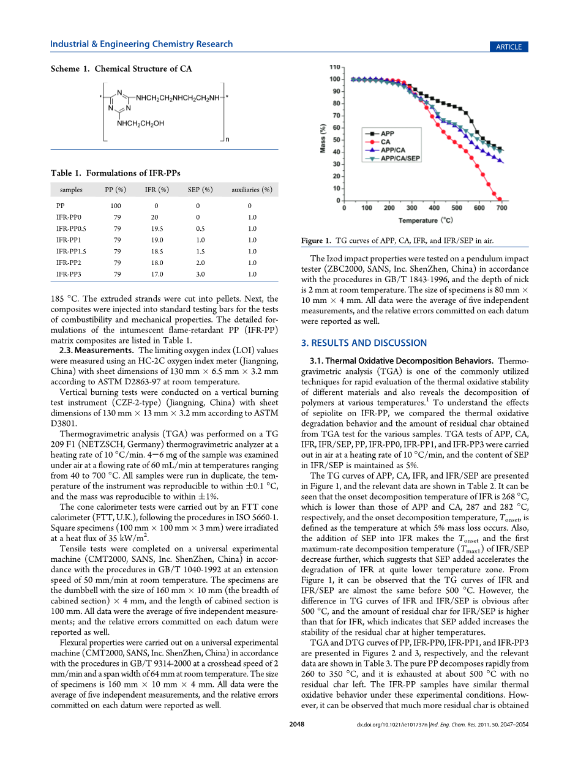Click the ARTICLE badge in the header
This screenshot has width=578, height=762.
click(509, 47)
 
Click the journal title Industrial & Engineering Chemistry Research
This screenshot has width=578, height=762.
click(141, 44)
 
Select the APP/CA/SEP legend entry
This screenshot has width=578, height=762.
click(400, 158)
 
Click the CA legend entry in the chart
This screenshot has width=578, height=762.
click(385, 141)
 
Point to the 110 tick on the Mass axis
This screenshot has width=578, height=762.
click(336, 66)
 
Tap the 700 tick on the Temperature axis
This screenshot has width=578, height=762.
click(501, 208)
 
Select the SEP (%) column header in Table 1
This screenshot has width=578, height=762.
click(200, 190)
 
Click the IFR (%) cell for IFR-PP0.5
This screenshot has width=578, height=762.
click(157, 228)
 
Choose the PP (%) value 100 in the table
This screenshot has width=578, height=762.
click(116, 206)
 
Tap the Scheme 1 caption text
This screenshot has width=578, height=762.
click(121, 69)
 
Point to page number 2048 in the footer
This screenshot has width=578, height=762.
click(296, 725)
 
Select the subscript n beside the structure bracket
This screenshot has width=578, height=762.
click(228, 140)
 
